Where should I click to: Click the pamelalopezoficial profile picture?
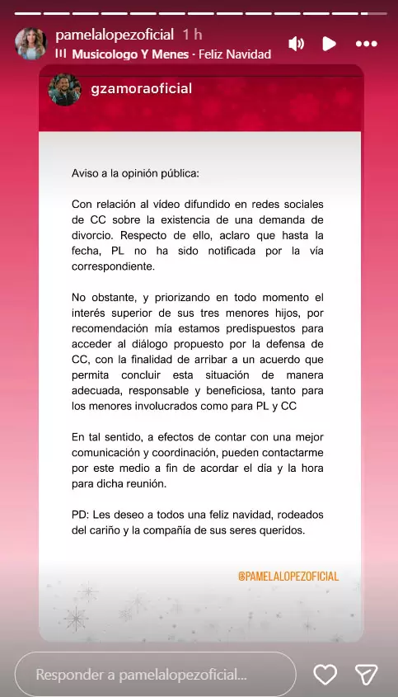coord(31,44)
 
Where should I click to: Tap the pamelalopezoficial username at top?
coord(114,35)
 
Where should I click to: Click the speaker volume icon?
coord(297,44)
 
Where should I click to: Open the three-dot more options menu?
coord(366,44)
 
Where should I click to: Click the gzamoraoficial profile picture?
coord(64,90)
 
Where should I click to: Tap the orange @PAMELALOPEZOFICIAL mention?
coord(288,576)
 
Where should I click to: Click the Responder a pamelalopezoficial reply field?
coord(155,674)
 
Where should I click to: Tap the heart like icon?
coord(325,674)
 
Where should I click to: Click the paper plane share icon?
coord(365,674)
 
